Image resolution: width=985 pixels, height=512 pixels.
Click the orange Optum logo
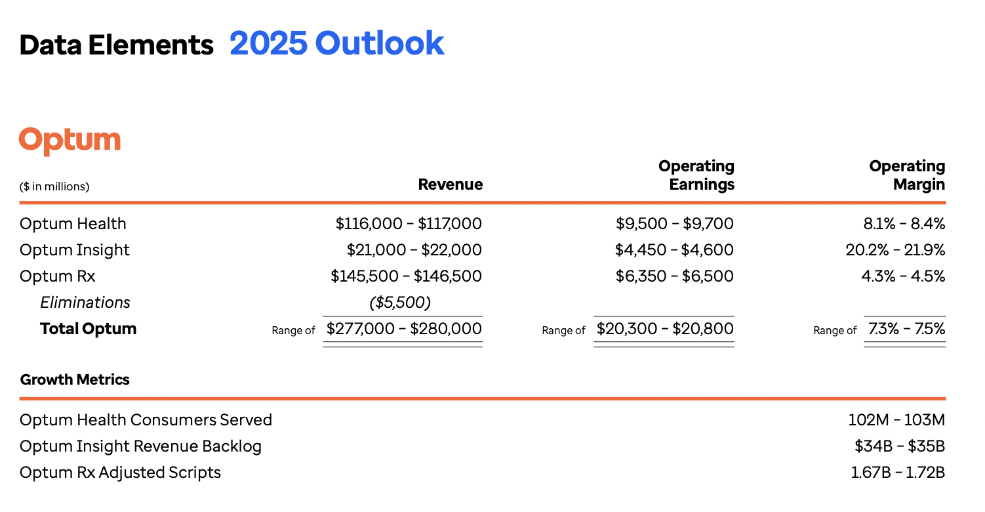[70, 140]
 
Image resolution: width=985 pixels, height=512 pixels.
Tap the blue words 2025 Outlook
[336, 43]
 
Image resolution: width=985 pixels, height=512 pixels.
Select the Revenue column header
[450, 185]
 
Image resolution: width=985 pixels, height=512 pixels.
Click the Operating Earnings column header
[696, 175]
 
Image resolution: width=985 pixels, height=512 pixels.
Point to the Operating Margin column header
[907, 175]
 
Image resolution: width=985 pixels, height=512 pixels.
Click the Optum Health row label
[73, 224]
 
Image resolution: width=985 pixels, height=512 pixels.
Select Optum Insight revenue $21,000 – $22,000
[414, 250]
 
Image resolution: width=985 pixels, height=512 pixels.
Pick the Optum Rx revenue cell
[406, 276]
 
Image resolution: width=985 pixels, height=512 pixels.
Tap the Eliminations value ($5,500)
[399, 303]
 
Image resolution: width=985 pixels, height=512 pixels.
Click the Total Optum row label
[88, 329]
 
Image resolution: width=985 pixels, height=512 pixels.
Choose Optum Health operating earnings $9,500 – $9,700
[674, 224]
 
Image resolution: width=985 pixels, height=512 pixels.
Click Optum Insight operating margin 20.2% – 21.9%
[895, 250]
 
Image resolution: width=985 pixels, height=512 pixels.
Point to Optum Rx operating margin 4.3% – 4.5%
[903, 276]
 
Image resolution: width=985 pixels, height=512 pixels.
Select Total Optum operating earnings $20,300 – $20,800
[665, 328]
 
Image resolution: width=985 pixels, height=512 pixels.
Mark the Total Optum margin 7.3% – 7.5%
[906, 328]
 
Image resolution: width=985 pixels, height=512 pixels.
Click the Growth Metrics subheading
[75, 379]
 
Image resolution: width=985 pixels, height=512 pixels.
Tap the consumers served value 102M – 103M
[896, 420]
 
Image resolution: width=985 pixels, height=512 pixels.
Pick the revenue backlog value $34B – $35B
[899, 446]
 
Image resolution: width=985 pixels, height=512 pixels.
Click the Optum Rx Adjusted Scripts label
[120, 473]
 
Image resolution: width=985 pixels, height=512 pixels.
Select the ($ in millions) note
[54, 186]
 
